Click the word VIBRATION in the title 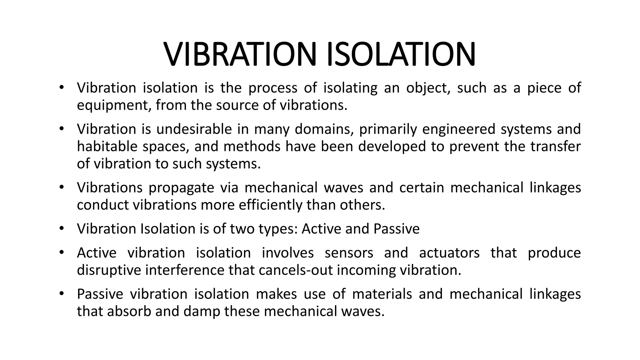[x=242, y=54]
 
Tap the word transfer [x=555, y=147]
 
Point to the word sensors [x=349, y=253]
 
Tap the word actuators [x=449, y=253]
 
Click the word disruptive [x=109, y=270]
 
